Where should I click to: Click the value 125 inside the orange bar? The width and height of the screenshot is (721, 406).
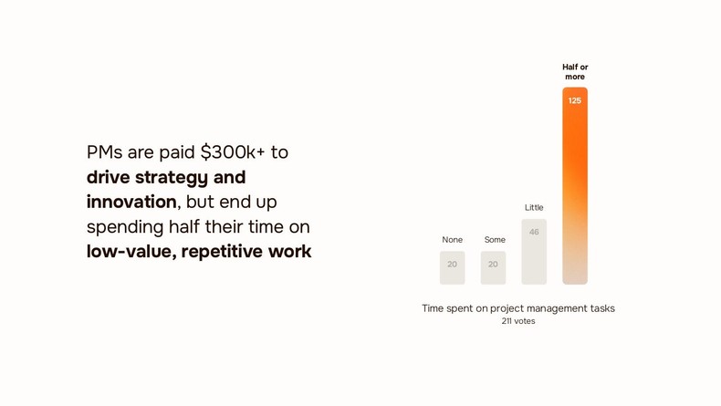pos(575,101)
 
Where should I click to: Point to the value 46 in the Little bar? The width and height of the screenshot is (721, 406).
pos(534,232)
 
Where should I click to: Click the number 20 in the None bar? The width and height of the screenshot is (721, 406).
pos(452,265)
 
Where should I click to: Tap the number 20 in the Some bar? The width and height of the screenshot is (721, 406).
pos(493,265)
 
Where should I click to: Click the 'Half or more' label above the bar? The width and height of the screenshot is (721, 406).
pos(575,72)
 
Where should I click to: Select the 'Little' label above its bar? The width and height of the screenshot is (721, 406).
pos(534,208)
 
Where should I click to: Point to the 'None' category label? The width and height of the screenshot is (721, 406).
pos(452,240)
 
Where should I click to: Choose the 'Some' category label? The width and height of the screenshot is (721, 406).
pos(495,240)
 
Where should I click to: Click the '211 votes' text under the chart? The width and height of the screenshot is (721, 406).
pos(518,321)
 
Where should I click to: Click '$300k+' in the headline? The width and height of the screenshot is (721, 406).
pos(233,152)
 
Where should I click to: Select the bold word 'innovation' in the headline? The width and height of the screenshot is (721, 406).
pos(131,202)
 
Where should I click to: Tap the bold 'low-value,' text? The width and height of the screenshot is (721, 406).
pos(131,251)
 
